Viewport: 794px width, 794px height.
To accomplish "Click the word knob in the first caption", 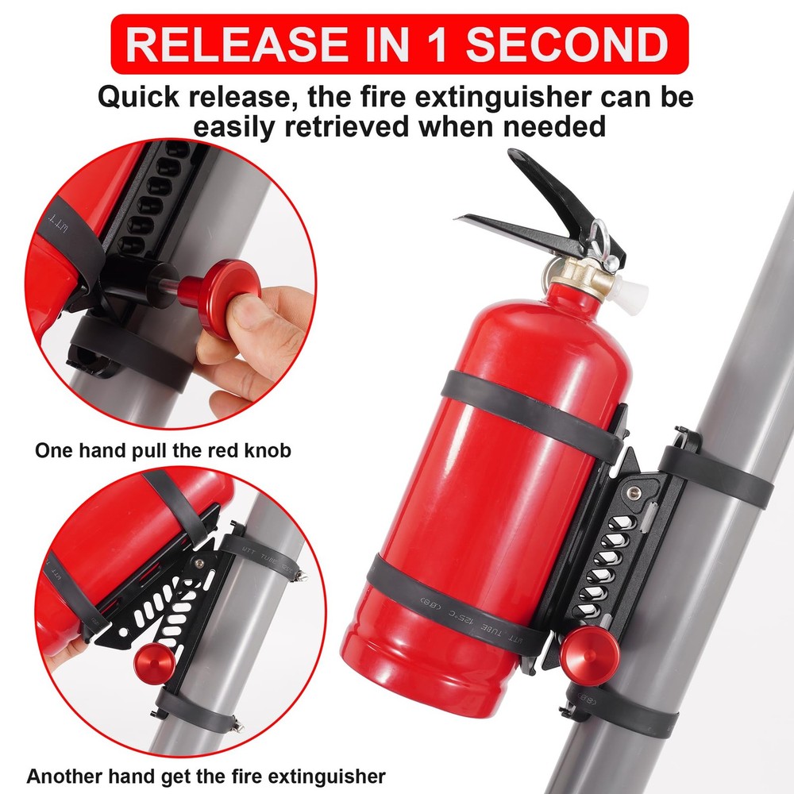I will click(x=268, y=451).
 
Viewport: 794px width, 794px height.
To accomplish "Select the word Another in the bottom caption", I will click(x=61, y=775).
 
